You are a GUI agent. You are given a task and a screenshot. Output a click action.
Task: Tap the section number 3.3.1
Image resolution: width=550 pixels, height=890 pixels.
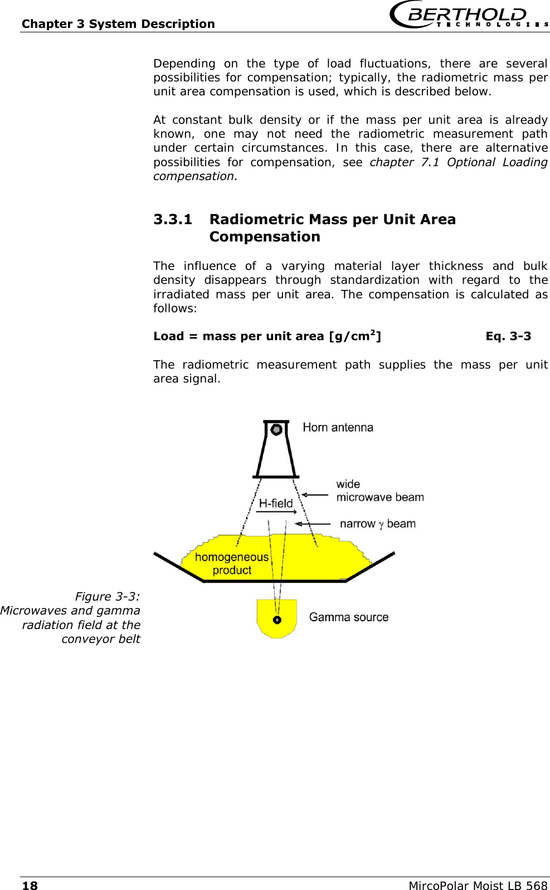(x=173, y=219)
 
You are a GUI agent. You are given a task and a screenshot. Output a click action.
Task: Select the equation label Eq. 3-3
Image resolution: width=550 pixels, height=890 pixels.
(x=508, y=336)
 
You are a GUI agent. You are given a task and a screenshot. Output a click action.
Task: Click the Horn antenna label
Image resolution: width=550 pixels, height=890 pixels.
(x=338, y=428)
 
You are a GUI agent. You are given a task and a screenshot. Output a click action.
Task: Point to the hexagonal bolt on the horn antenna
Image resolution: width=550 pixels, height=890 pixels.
(x=276, y=429)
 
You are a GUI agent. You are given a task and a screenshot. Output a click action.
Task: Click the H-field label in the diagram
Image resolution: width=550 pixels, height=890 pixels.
(x=276, y=503)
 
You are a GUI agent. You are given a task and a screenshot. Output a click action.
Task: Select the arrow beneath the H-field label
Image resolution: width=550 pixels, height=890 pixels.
(x=276, y=512)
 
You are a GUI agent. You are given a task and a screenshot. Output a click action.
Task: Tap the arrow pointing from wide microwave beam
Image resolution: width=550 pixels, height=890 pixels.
(x=315, y=495)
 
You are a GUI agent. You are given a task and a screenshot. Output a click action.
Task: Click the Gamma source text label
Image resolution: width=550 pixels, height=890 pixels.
(x=349, y=617)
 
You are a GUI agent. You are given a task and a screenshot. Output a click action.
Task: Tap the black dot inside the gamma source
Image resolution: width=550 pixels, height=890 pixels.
(x=277, y=620)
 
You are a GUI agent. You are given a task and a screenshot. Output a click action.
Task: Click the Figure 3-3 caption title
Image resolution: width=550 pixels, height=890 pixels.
(x=108, y=597)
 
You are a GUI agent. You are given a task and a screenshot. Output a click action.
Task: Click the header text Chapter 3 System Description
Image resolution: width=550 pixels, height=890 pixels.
(x=118, y=24)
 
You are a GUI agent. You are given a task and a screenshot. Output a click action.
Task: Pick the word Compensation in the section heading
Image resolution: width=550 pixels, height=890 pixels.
(x=265, y=237)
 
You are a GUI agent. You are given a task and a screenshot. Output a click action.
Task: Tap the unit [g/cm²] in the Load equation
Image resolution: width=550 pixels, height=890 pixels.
(x=355, y=336)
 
